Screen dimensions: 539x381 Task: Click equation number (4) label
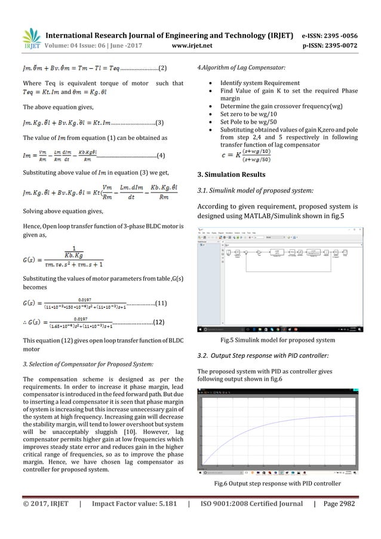click(160, 156)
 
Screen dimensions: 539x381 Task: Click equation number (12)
click(158, 323)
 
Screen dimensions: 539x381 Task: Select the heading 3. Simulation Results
click(231, 174)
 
